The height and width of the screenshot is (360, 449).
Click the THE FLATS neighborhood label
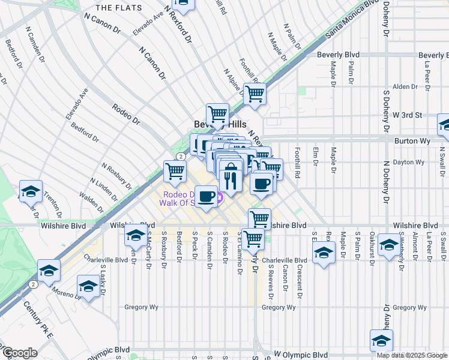[x=119, y=8]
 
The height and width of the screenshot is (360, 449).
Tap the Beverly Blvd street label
[x=338, y=55]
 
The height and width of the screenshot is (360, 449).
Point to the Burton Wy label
[x=411, y=140]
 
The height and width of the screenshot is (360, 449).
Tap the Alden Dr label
[x=405, y=87]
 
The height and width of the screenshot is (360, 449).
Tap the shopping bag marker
[x=230, y=169]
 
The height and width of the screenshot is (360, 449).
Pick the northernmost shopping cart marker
[x=182, y=5]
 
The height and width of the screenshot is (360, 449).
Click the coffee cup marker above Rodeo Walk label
[x=206, y=196]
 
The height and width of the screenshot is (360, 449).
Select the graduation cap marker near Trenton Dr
[x=31, y=191]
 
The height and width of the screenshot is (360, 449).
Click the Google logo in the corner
[x=19, y=352]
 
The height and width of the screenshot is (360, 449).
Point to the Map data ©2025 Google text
[x=411, y=355]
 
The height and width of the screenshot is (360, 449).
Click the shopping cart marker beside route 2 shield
[x=175, y=172]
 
